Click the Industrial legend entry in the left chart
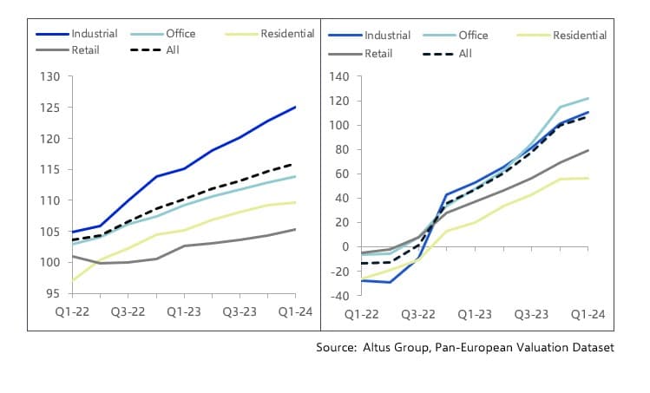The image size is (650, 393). pyautogui.click(x=95, y=34)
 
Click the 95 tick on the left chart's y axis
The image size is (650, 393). pyautogui.click(x=54, y=294)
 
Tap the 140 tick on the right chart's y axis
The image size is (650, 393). pyautogui.click(x=338, y=76)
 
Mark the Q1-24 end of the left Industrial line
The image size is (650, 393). pyautogui.click(x=296, y=107)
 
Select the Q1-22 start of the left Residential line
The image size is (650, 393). pyautogui.click(x=73, y=280)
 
